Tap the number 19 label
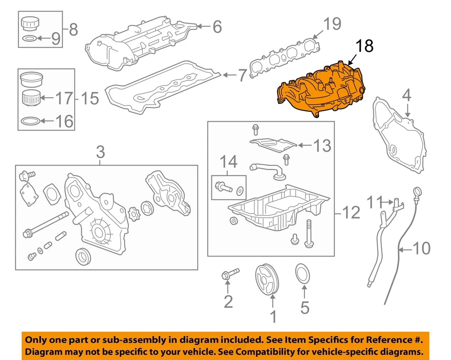click(x=332, y=23)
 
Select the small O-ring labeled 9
click(x=29, y=39)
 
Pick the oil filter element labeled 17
click(x=31, y=99)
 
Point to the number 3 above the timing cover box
click(x=101, y=152)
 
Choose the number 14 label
click(x=230, y=163)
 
